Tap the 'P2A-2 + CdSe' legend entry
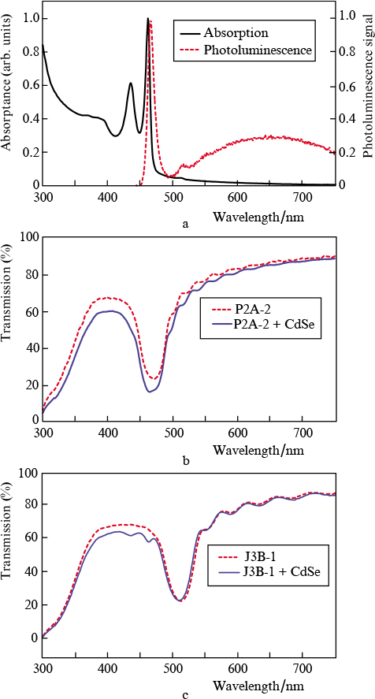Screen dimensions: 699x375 click(x=260, y=323)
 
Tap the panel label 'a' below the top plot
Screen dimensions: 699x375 click(x=186, y=224)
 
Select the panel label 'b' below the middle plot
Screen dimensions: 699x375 click(x=186, y=460)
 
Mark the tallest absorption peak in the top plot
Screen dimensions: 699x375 click(x=147, y=20)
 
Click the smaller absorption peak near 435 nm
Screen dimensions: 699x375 click(x=131, y=84)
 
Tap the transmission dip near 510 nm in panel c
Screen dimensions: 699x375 click(x=180, y=600)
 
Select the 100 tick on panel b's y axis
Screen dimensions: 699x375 click(x=28, y=236)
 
